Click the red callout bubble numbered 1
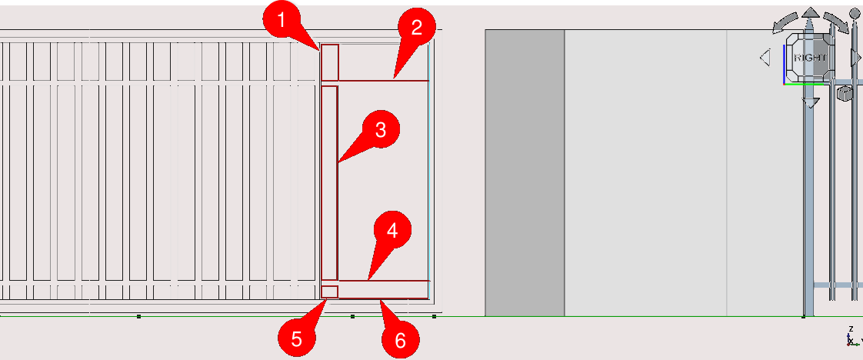pyautogui.click(x=282, y=21)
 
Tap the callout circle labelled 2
pyautogui.click(x=417, y=27)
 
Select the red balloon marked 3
pyautogui.click(x=380, y=130)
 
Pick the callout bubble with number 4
pyautogui.click(x=392, y=232)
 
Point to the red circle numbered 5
pyautogui.click(x=297, y=339)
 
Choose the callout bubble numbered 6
pyautogui.click(x=401, y=341)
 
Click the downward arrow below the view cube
pyautogui.click(x=809, y=102)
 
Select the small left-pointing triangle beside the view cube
pyautogui.click(x=765, y=57)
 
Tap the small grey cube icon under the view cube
pyautogui.click(x=843, y=94)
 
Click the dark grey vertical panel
pyautogui.click(x=525, y=173)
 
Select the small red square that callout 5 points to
pyautogui.click(x=330, y=292)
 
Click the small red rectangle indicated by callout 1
pyautogui.click(x=330, y=63)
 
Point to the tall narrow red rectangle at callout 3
pyautogui.click(x=329, y=183)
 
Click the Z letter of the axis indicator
pyautogui.click(x=851, y=329)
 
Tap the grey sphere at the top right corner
pyautogui.click(x=854, y=13)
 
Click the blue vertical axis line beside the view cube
pyautogui.click(x=784, y=65)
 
